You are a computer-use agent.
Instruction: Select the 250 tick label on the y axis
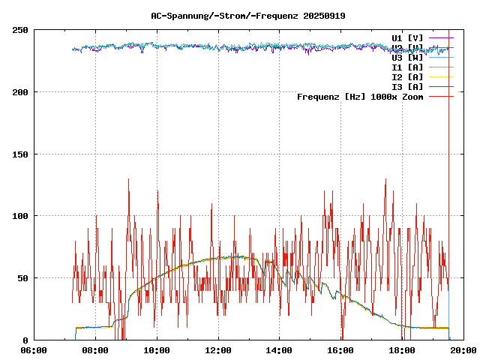click(20, 30)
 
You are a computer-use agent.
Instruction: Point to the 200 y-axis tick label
click(20, 92)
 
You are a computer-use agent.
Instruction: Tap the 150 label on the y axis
click(20, 154)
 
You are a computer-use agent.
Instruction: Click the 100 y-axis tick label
click(20, 216)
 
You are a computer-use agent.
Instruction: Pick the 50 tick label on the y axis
click(22, 278)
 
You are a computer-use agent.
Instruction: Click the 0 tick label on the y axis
click(25, 340)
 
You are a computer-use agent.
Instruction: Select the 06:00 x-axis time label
click(34, 350)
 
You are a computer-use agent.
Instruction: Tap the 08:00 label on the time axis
click(95, 350)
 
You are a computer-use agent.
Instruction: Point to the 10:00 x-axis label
click(157, 350)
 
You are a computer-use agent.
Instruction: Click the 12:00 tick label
click(218, 350)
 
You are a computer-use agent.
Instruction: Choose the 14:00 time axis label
click(280, 350)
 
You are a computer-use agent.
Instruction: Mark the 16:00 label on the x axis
click(341, 350)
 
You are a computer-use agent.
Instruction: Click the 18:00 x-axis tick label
click(403, 350)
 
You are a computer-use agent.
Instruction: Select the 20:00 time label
click(463, 350)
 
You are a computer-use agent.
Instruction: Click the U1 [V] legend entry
click(407, 37)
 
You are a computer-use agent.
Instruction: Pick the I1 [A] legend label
click(407, 67)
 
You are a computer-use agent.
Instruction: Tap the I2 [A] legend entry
click(407, 76)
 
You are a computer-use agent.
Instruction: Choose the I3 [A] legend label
click(407, 86)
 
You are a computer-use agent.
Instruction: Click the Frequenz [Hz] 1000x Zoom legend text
click(360, 97)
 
